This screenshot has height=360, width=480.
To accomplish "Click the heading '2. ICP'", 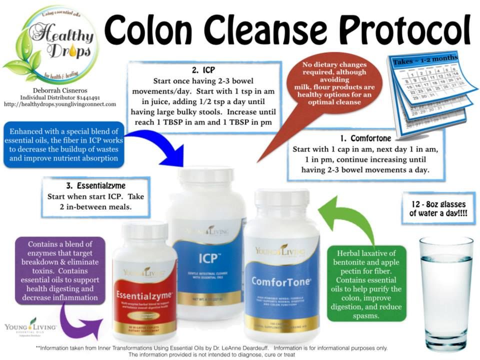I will coord(202,70).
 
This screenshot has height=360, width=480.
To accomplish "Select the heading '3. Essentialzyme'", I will coord(95,185).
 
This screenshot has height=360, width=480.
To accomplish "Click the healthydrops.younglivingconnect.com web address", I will coord(59,104).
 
